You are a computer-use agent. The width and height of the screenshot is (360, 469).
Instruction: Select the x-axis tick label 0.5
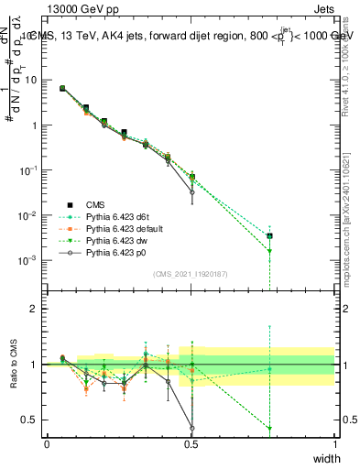pos(191,444)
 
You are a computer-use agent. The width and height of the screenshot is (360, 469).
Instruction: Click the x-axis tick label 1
pos(334,444)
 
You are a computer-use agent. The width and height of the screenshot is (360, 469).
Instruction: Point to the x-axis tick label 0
pos(48,444)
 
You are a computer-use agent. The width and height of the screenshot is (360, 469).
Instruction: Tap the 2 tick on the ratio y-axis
pos(34,309)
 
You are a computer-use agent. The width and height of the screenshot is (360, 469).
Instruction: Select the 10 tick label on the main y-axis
pos(31,81)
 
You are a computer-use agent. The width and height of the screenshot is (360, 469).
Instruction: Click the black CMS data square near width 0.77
pos(269,235)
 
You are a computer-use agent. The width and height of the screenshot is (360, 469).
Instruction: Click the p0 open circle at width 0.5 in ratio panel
pos(191,427)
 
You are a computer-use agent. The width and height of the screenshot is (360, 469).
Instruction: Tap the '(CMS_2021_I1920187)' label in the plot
pos(191,274)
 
